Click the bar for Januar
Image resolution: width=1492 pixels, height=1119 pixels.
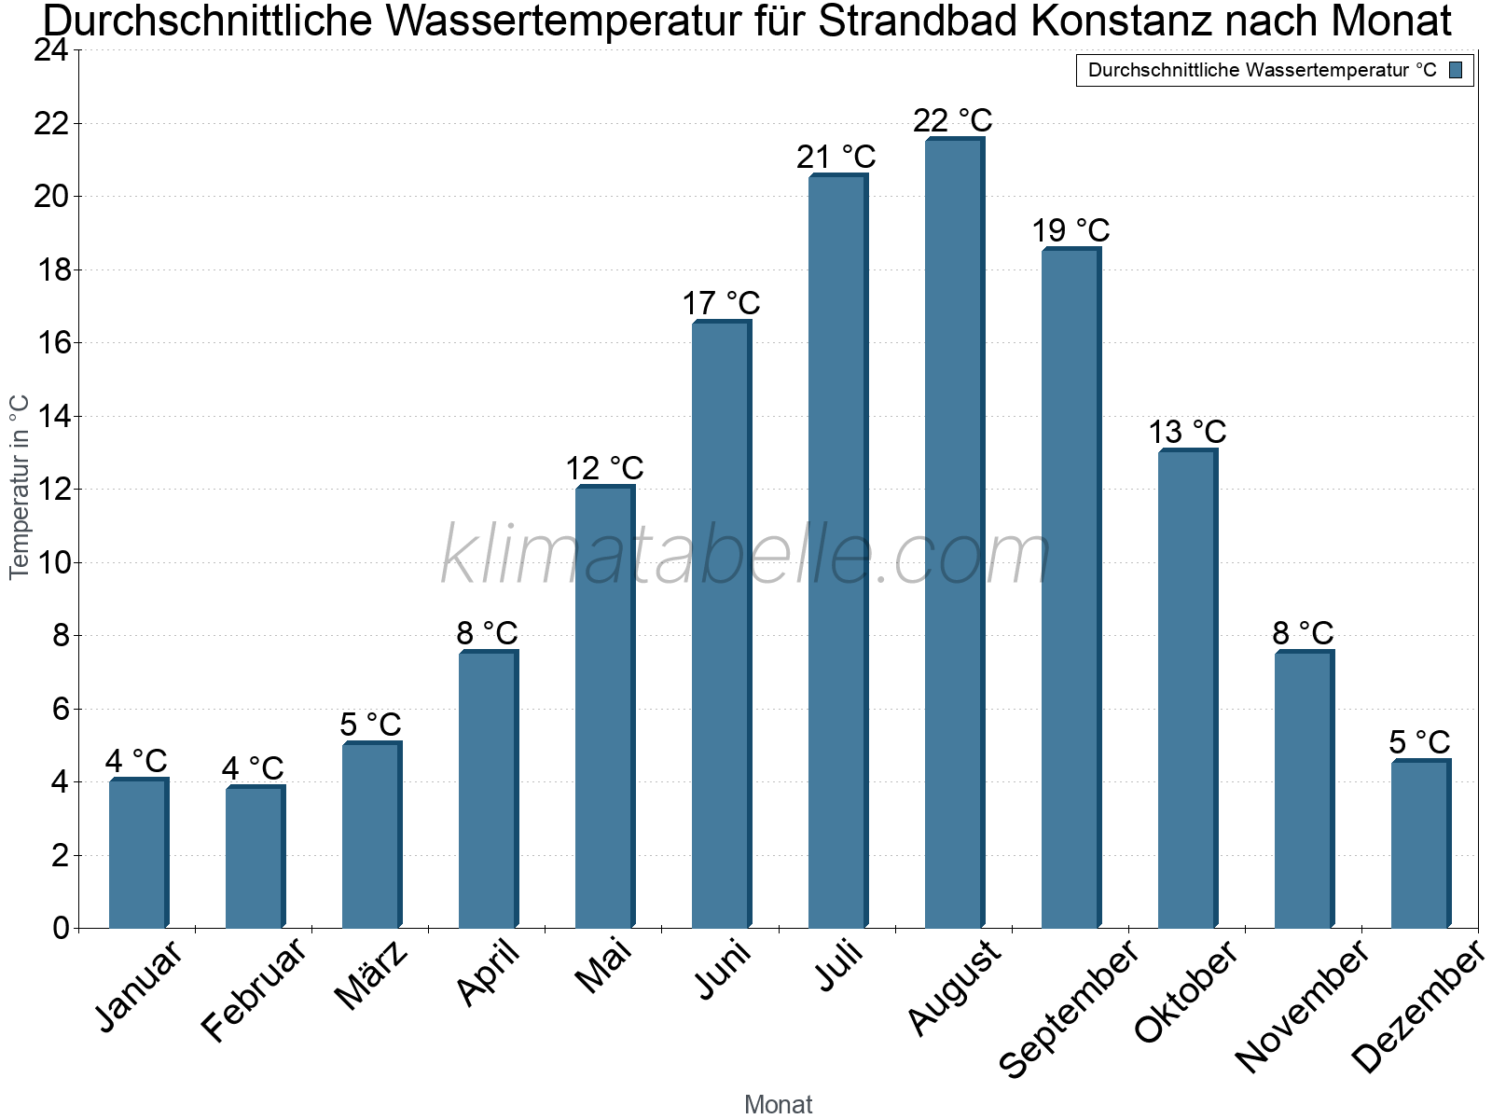(x=138, y=854)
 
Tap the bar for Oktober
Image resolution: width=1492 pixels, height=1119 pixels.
(x=1187, y=690)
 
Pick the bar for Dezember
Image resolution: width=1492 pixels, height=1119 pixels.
(x=1420, y=845)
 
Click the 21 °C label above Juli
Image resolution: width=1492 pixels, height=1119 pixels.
(x=836, y=158)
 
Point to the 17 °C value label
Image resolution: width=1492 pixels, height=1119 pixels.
(x=721, y=304)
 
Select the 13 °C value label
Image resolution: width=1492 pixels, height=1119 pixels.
(x=1186, y=433)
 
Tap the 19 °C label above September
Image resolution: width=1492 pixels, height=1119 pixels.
(x=1071, y=230)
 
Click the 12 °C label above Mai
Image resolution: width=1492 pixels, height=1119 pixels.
(x=604, y=468)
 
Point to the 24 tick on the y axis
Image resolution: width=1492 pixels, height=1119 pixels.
(x=51, y=50)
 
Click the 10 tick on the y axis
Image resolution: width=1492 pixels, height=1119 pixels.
(x=51, y=562)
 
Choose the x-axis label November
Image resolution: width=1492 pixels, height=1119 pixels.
(x=1303, y=1005)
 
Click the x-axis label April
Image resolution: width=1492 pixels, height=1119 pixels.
(x=489, y=974)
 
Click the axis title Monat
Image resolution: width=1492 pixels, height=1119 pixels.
(x=778, y=1104)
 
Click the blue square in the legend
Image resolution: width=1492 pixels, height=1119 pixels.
(x=1456, y=70)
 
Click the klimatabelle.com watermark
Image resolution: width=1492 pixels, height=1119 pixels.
(x=746, y=556)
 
